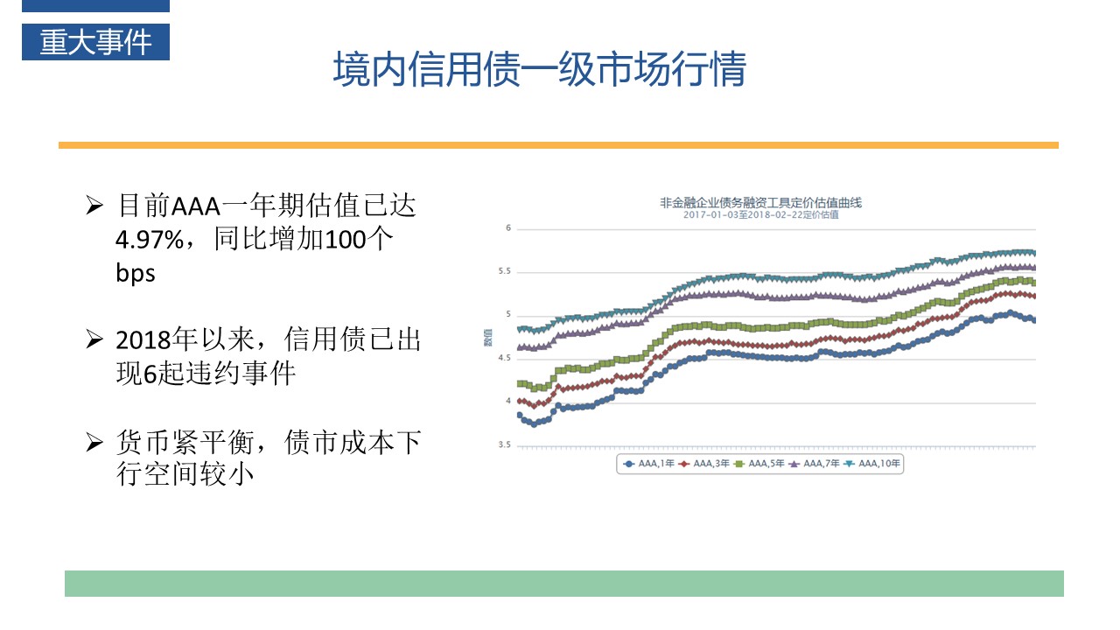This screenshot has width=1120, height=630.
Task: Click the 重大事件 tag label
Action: (95, 42)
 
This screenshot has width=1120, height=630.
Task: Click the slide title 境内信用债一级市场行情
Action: (539, 70)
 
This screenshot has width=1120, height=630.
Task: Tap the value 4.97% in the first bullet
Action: (150, 240)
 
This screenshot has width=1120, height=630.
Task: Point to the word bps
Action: (136, 273)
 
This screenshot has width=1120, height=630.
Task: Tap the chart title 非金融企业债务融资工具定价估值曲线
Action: (760, 203)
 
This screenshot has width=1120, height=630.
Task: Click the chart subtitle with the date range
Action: (760, 214)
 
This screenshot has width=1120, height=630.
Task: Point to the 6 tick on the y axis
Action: (507, 228)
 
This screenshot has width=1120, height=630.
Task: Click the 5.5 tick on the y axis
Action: (504, 272)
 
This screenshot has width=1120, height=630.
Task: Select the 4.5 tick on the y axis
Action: (504, 359)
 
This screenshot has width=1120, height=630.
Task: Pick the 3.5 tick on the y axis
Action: (504, 445)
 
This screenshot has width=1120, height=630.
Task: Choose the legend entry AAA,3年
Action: (705, 464)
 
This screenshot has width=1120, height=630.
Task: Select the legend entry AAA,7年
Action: (815, 464)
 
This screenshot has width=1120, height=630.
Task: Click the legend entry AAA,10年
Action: (873, 464)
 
